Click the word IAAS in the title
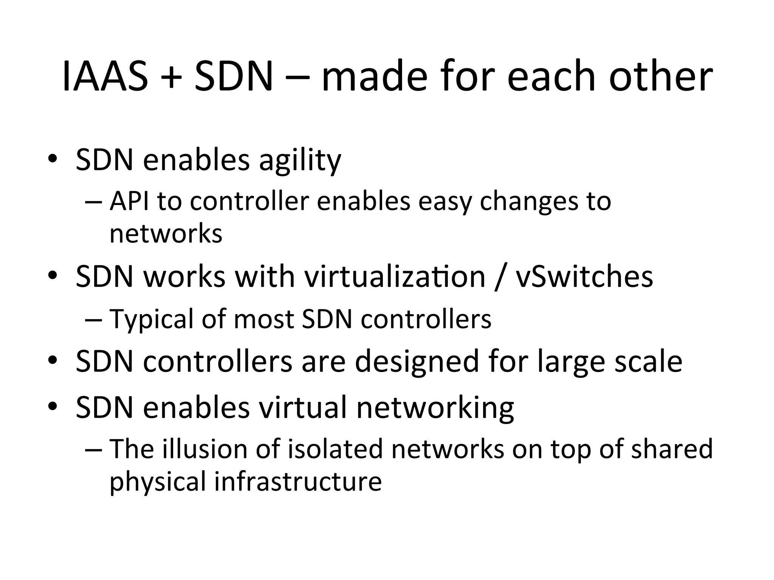coord(105,77)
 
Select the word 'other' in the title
coord(661,77)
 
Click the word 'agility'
coord(300,160)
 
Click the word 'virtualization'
coord(395,277)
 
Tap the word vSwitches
coord(584,277)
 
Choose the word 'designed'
coord(417,362)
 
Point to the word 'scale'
coord(649,362)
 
